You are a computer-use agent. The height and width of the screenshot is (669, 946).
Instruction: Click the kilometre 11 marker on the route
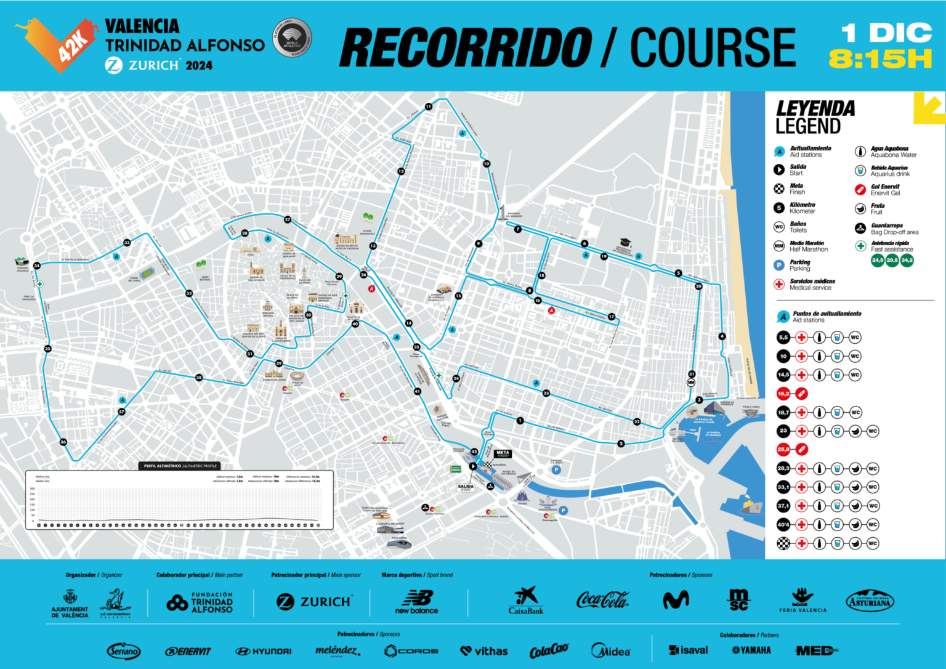pos(429,107)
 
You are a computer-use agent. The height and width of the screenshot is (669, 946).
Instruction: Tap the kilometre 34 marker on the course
pos(37,266)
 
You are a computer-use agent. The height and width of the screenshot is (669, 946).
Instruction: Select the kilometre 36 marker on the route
pos(63,442)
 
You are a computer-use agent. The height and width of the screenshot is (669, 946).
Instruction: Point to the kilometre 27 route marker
pos(288,219)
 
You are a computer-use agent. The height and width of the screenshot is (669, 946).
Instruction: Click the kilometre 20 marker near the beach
pos(698,286)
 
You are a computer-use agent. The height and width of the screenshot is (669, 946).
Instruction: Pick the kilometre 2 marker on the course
pos(621,444)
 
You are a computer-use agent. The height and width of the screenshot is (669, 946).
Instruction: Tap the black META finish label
pos(503,454)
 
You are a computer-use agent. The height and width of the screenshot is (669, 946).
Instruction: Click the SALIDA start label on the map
pos(466,487)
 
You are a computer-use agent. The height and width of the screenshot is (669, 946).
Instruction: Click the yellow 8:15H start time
pos(880,60)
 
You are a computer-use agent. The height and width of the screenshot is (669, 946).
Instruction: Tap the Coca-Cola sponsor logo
pos(602,599)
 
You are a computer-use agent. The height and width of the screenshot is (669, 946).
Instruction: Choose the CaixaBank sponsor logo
pos(526,601)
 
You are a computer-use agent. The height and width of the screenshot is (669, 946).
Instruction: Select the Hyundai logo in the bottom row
pos(264,651)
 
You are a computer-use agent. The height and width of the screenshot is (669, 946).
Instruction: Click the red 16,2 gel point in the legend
pos(783,394)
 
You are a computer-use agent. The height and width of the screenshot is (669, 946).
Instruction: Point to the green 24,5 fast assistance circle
pos(877,261)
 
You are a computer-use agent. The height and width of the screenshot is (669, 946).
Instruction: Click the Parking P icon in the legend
pos(779,265)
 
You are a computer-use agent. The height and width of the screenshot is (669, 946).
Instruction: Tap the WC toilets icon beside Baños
pos(779,227)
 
